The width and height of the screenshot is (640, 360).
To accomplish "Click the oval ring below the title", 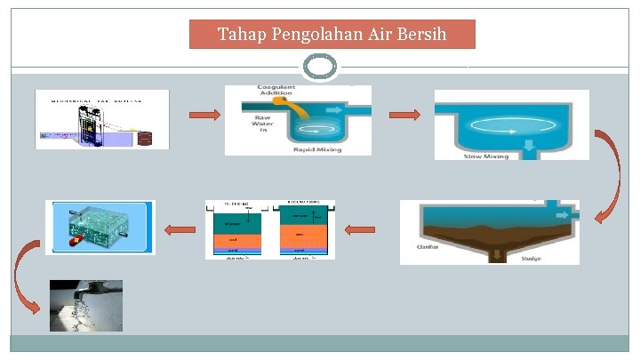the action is click(x=320, y=67).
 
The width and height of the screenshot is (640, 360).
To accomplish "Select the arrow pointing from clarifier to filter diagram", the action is click(x=360, y=230).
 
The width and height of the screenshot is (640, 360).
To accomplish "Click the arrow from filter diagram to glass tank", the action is click(x=181, y=230).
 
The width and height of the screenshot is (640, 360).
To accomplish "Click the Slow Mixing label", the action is click(x=486, y=156).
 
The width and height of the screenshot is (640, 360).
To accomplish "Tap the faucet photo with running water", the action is click(x=86, y=306).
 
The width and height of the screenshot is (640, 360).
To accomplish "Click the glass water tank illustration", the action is click(x=100, y=227).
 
